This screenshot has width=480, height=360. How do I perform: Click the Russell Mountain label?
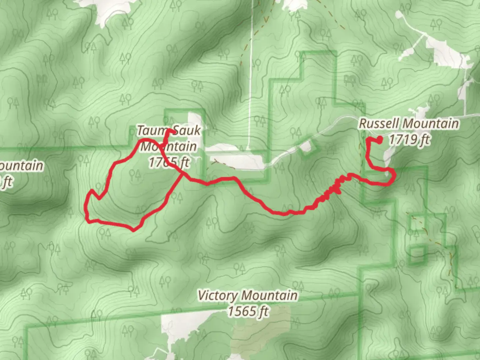409,124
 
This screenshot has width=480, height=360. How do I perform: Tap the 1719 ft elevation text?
409,139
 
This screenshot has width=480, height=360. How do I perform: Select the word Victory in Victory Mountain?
218,296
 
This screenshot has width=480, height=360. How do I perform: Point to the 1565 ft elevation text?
248,312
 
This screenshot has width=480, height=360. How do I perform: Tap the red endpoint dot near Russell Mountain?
379,140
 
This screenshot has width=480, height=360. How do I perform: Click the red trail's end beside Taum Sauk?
171,131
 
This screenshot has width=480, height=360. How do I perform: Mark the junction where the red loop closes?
182,173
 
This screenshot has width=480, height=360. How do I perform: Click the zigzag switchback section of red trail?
330,192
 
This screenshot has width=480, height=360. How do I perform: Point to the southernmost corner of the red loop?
133,230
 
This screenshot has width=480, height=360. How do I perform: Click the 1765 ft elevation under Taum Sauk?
169,163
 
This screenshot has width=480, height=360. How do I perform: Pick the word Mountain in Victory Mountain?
269,296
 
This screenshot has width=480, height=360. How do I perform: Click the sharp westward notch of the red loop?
91,192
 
